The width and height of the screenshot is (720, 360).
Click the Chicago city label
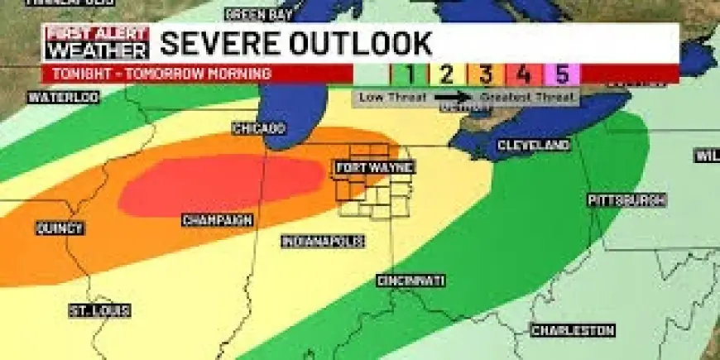point(259,129)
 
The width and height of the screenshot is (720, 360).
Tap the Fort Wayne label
point(374,168)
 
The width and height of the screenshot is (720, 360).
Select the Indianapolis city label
point(323,242)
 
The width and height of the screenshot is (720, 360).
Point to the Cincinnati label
point(411,281)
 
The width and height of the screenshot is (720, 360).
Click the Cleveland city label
point(533,146)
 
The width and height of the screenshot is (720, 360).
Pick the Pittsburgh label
point(626,200)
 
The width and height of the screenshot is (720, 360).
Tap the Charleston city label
point(573,330)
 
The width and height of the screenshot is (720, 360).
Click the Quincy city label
point(60,228)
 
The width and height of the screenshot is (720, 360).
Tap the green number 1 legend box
point(406,74)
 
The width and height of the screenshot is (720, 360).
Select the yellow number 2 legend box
point(445,74)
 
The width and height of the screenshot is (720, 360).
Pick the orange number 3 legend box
point(485,74)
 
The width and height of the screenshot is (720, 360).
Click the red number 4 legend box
point(524,74)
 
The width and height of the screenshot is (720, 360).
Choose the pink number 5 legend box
point(563,74)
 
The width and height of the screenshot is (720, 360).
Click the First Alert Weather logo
point(97,43)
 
